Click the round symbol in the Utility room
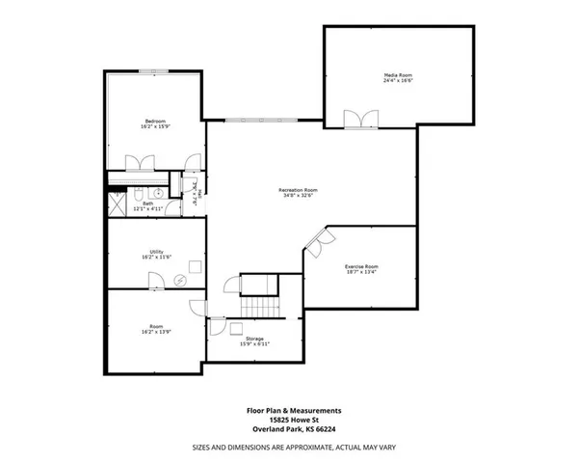point(181,280)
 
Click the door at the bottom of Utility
point(154,281)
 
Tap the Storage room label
point(254,339)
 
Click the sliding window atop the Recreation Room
point(262,121)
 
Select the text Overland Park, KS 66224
point(289,429)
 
